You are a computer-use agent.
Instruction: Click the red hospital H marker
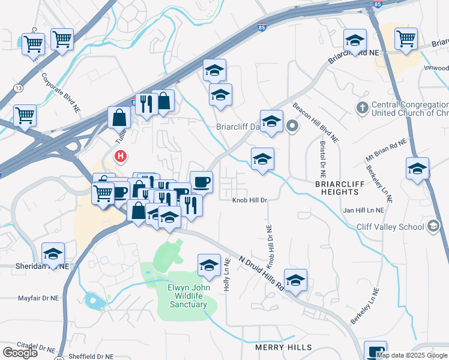coord(121,157)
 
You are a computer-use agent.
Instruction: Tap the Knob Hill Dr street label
coord(250,200)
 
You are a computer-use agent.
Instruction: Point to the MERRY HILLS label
coord(283,347)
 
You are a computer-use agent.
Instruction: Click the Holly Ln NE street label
coord(227,275)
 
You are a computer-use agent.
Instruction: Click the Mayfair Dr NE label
coord(38,297)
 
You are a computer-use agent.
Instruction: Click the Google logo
coord(20,352)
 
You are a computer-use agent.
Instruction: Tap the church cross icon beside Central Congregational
coord(361,108)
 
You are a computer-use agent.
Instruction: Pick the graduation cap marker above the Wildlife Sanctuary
coord(209,265)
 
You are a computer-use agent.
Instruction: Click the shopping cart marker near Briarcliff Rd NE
coord(406,39)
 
